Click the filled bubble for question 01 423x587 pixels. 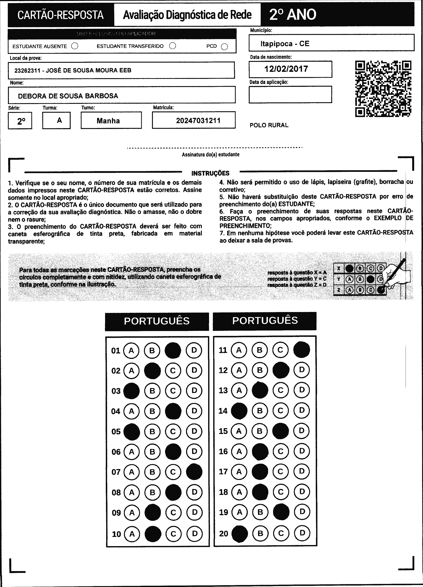[173, 350]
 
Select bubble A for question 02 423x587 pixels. [131, 371]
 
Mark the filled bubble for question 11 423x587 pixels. [301, 350]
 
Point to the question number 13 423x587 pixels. [223, 390]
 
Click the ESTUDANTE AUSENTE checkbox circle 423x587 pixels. [75, 46]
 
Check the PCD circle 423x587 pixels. [224, 47]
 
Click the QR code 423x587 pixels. [383, 88]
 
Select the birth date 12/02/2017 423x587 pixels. [286, 69]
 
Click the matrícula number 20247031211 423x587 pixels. [198, 121]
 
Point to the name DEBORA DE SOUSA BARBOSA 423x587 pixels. [68, 96]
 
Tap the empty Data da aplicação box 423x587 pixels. [290, 94]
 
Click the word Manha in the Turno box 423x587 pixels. [108, 121]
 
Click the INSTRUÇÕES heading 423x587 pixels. [210, 173]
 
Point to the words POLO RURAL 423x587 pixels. [269, 125]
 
